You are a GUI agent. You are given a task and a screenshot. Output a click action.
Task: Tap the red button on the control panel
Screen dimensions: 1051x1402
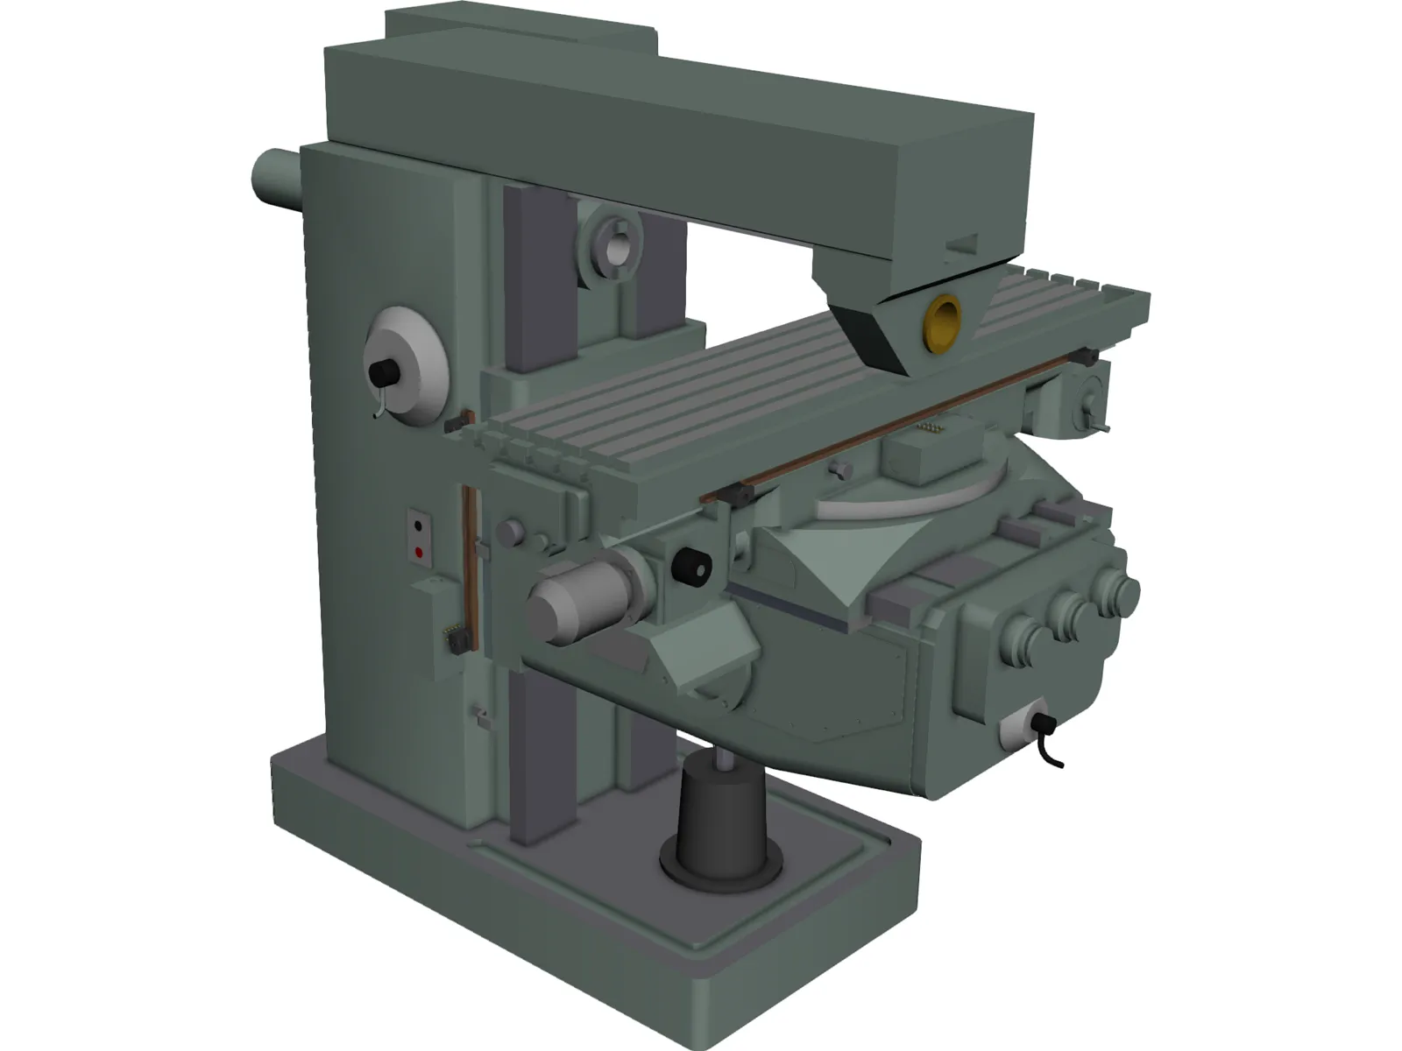(418, 553)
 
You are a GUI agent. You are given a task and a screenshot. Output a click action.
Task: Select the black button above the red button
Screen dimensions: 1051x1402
(418, 527)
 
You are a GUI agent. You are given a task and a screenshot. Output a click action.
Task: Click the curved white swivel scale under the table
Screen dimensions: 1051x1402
(911, 503)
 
